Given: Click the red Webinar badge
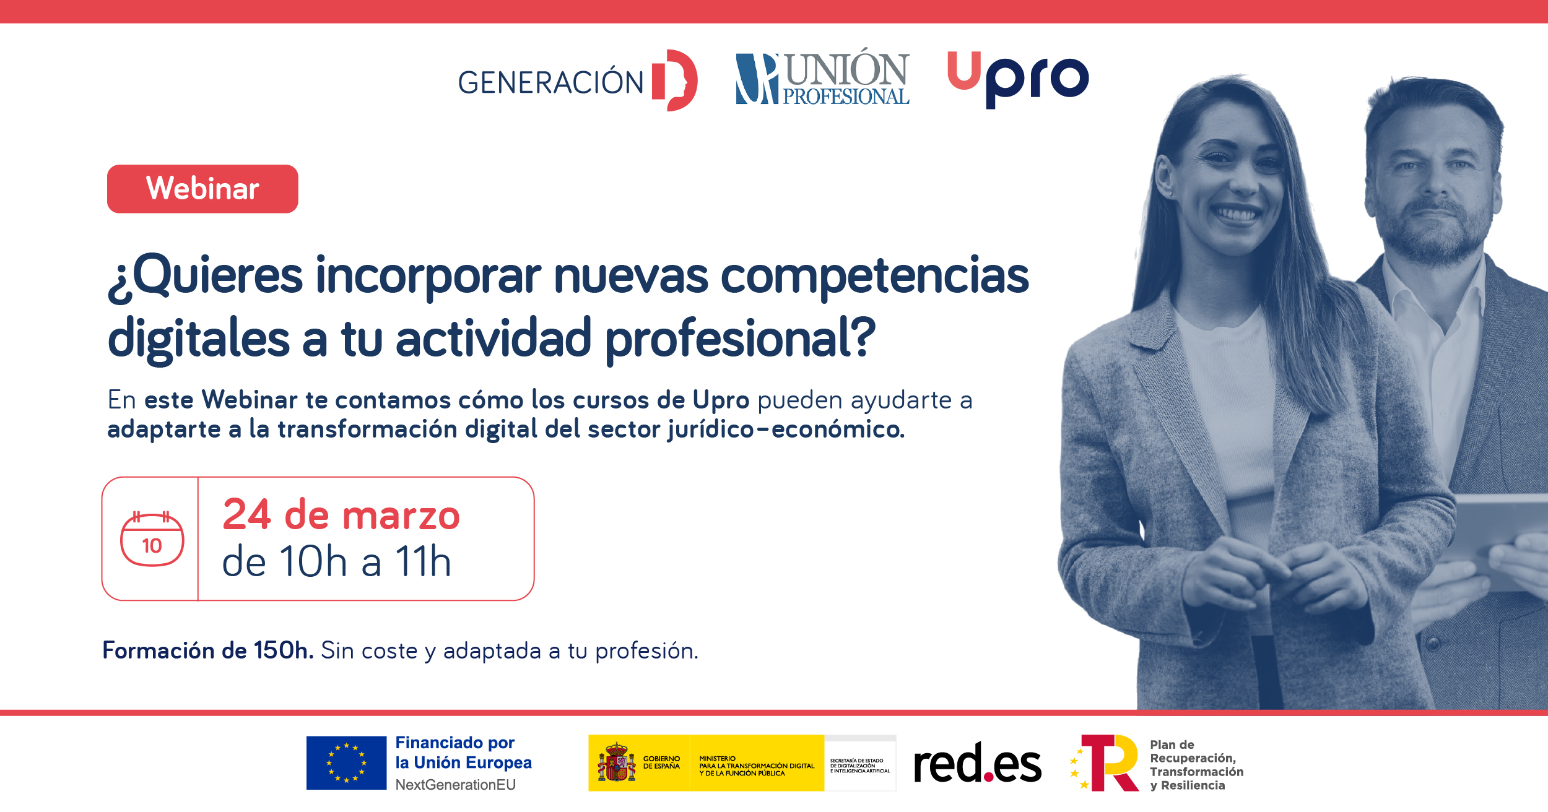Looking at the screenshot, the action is [202, 189].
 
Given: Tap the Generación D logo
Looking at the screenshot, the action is [578, 80].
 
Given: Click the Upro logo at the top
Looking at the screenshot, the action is [1018, 79].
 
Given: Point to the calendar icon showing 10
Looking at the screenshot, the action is [152, 538].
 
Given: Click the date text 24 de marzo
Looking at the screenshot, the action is [341, 515].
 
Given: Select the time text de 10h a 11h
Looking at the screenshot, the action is [337, 561].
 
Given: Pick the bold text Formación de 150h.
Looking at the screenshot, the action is [208, 650].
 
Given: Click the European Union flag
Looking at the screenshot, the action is [346, 762].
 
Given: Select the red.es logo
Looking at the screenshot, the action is [978, 763].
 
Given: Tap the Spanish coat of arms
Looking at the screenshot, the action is [616, 762].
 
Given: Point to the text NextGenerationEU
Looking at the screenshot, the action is [455, 785].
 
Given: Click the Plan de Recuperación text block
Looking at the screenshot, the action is [1196, 765].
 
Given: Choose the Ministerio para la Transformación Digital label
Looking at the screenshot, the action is [757, 766].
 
